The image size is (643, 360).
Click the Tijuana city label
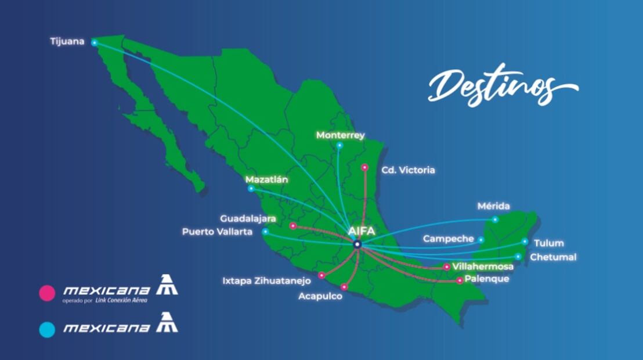tap(67, 41)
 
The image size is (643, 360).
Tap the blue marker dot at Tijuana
tap(94, 42)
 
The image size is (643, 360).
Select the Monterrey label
tap(340, 135)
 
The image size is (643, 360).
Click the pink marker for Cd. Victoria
tap(364, 167)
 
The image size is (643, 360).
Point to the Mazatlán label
tap(266, 179)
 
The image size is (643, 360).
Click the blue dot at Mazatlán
tap(251, 189)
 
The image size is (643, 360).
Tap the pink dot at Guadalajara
tap(293, 226)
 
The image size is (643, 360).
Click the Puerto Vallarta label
tap(217, 231)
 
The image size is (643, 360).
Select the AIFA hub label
tap(362, 231)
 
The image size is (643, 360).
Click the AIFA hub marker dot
tap(357, 244)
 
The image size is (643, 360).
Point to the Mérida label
tap(493, 206)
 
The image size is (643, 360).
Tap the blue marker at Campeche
tap(481, 239)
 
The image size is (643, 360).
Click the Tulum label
tap(548, 243)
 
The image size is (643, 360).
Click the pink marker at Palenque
tap(460, 280)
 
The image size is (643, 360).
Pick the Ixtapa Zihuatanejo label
tap(266, 280)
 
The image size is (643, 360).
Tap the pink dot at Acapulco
tap(344, 287)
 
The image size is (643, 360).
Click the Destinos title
tap(501, 85)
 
